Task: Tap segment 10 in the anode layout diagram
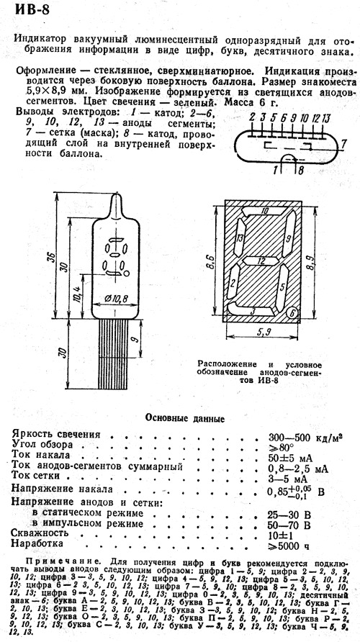tap(264, 212)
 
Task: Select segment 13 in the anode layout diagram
tap(240, 238)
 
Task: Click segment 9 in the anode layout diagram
tap(289, 237)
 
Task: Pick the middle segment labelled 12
tap(260, 261)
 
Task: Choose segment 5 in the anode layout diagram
tap(282, 287)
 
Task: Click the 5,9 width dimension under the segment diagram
tap(261, 332)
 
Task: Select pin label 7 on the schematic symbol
tap(344, 144)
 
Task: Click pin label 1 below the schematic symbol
tap(275, 169)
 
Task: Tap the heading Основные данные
tap(185, 419)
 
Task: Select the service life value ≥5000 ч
tap(289, 546)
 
